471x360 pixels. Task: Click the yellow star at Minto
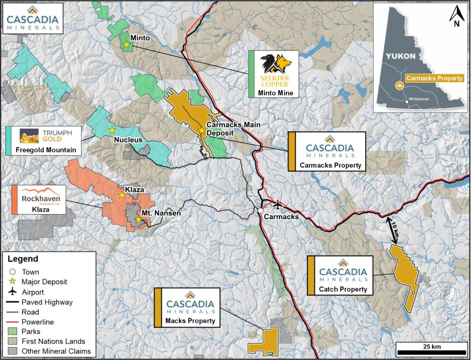tap(126, 45)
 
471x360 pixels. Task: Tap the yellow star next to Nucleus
tap(112, 130)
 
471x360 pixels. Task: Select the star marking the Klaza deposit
tap(122, 195)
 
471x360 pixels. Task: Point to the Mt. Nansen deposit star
tap(138, 220)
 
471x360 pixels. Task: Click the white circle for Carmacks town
tap(260, 211)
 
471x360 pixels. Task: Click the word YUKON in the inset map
tap(400, 56)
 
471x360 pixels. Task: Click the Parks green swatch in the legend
tap(13, 331)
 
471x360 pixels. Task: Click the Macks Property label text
tap(190, 320)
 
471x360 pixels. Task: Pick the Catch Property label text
tap(343, 289)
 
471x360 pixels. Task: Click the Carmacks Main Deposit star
tap(201, 131)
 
